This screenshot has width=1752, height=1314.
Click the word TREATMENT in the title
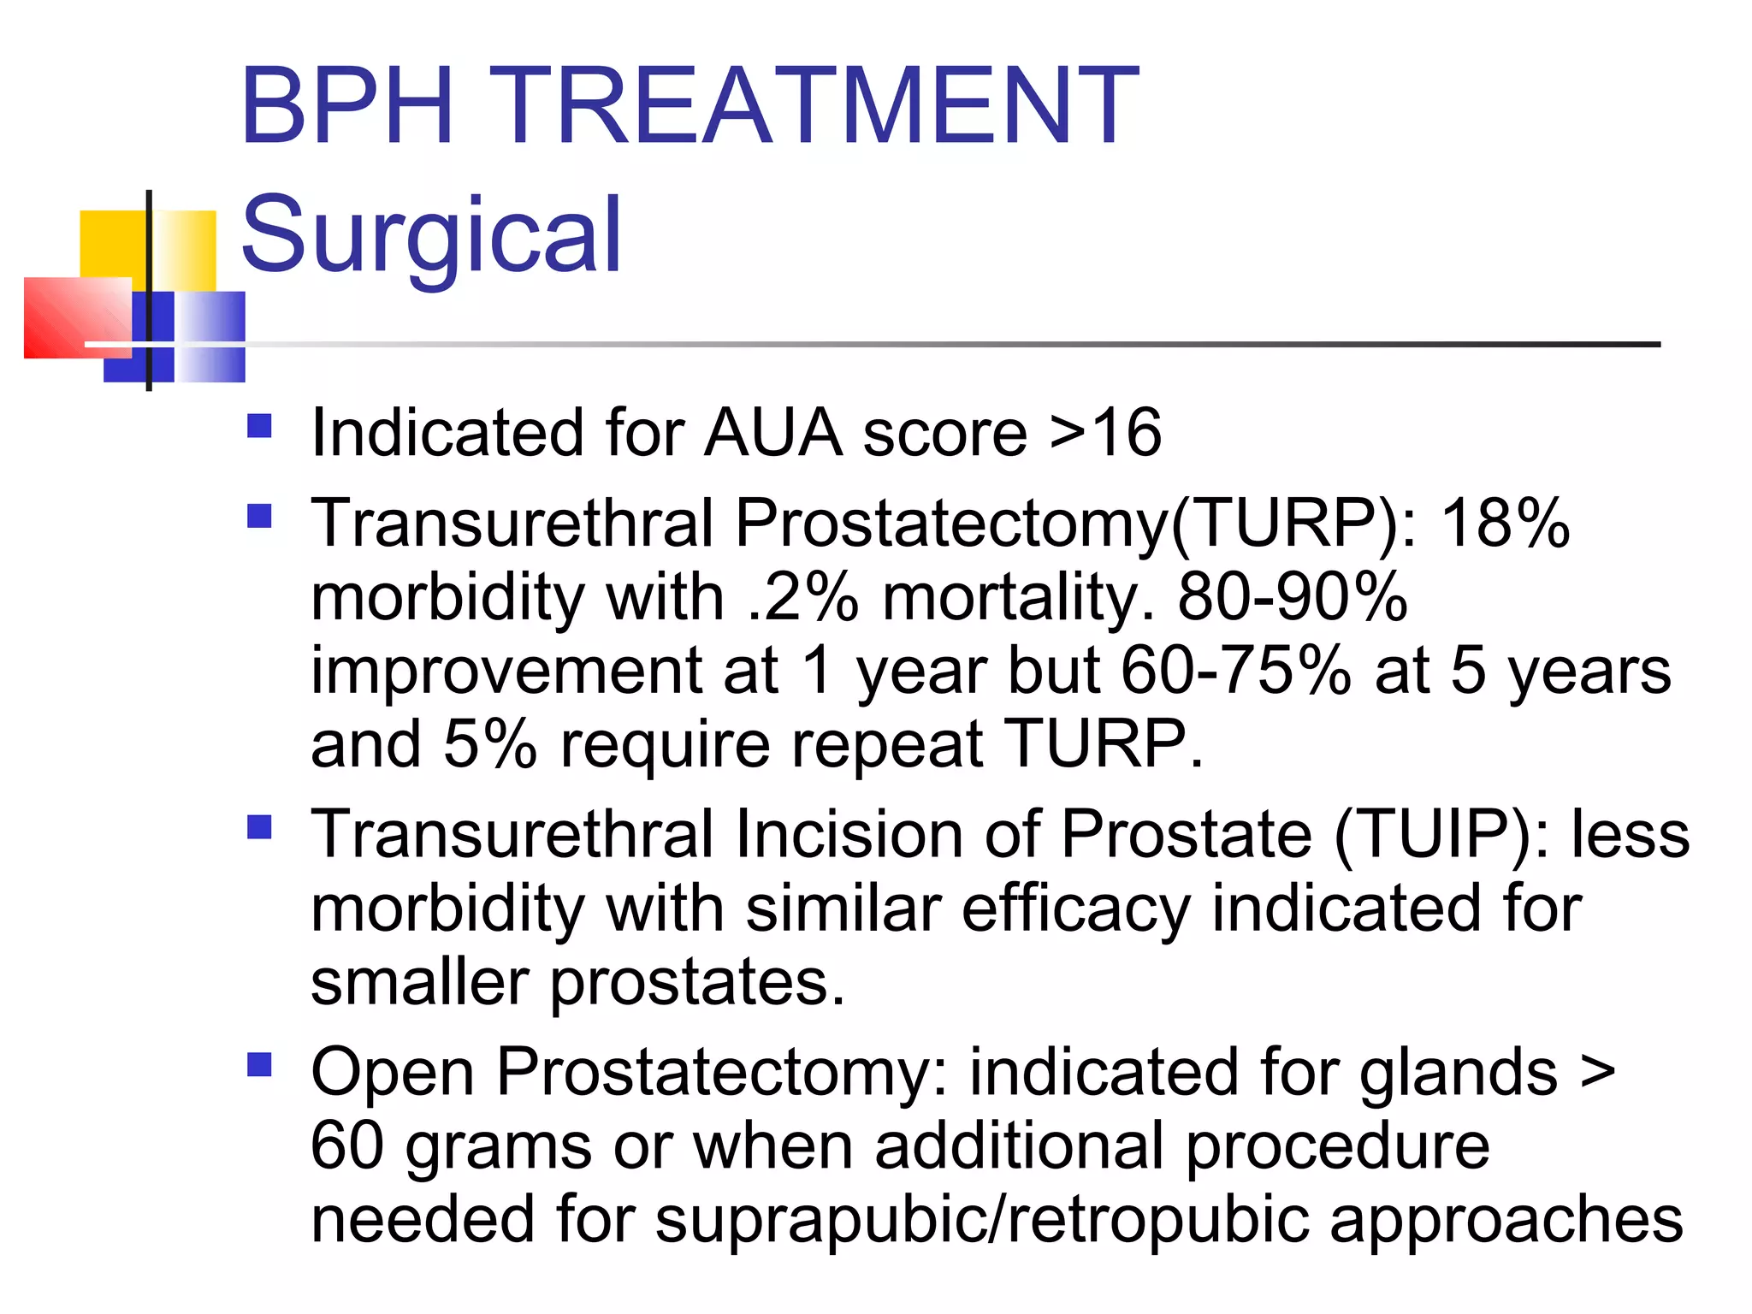pos(813,107)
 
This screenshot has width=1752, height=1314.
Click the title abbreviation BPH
pos(346,107)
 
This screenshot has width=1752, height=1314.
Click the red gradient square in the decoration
pos(77,317)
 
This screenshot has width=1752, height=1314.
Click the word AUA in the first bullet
pos(773,433)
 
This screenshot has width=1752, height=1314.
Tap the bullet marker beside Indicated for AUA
pos(259,426)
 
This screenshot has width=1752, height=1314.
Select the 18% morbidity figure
pos(1506,524)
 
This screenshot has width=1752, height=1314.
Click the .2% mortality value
pos(802,597)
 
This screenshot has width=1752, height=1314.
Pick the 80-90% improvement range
pos(1292,597)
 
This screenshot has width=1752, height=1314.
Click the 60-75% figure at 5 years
pos(1235,671)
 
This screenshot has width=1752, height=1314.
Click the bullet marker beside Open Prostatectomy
pos(259,1065)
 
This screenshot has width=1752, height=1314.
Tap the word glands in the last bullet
pos(1459,1073)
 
